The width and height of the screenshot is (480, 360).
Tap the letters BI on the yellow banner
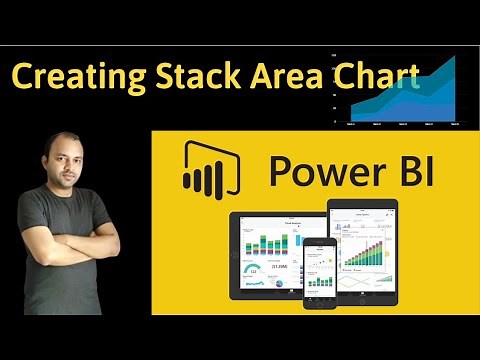tap(406, 169)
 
